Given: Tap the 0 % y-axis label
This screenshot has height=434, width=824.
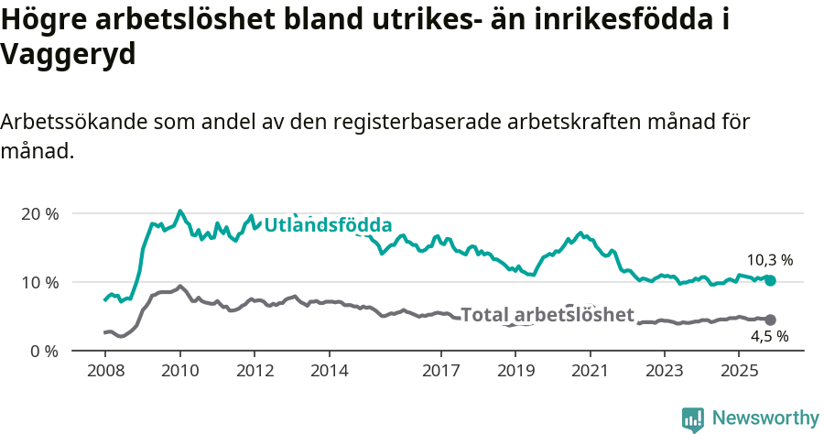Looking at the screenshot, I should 44,351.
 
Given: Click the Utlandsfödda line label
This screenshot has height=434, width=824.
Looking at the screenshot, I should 328,225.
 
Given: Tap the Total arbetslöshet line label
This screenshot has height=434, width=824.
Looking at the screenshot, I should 547,315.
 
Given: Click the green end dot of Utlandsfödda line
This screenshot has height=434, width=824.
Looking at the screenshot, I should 770,280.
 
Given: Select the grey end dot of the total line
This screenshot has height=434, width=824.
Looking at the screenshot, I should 770,320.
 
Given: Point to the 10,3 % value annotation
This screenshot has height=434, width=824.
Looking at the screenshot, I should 770,260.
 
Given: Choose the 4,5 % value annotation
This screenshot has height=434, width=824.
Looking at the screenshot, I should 770,337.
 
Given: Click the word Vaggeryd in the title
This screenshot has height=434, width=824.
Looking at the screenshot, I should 69,54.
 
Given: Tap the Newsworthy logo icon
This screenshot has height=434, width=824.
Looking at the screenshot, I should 693,419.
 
